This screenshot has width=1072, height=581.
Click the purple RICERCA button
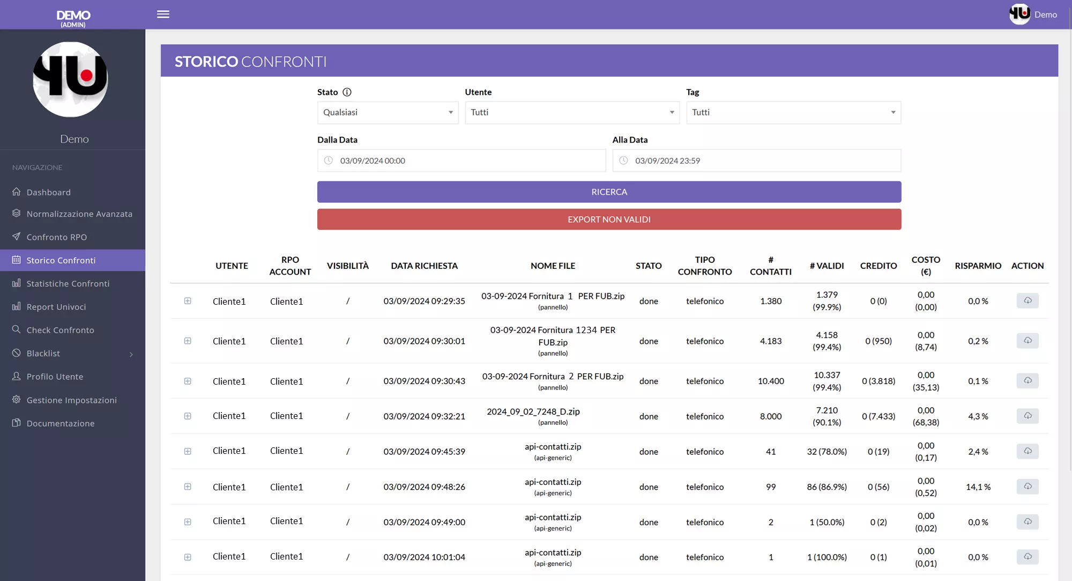(609, 192)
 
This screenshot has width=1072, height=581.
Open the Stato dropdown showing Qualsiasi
(388, 113)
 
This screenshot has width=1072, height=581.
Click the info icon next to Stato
(347, 92)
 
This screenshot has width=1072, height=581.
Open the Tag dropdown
(793, 113)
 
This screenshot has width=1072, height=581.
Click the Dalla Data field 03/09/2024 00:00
(461, 161)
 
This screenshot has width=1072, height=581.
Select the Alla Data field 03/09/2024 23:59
(756, 161)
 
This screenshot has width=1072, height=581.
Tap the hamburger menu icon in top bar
(163, 14)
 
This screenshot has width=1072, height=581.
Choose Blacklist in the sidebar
(43, 354)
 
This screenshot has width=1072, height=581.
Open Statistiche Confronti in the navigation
(68, 284)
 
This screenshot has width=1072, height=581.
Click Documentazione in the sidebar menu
(61, 423)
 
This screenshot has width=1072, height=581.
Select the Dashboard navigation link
(48, 193)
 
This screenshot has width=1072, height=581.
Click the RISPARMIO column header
(978, 266)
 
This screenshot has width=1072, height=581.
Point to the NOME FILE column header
(553, 266)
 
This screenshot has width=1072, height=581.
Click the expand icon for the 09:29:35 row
(188, 301)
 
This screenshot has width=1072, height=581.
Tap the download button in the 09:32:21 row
(1027, 416)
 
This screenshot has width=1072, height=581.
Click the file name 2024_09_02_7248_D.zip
(533, 411)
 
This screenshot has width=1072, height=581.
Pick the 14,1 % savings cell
(978, 487)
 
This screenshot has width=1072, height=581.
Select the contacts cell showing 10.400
(770, 381)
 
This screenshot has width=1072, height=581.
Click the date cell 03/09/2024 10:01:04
(424, 557)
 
